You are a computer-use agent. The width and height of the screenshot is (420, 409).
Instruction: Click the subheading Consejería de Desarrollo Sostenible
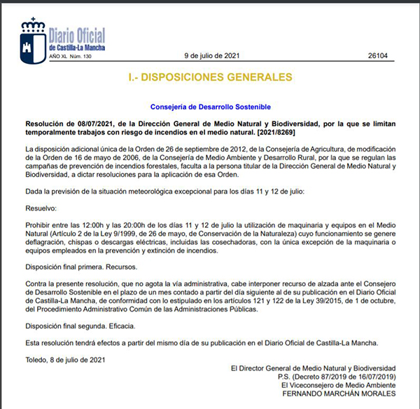[210, 107]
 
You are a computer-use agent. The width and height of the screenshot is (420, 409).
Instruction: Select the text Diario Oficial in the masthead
[78, 34]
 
